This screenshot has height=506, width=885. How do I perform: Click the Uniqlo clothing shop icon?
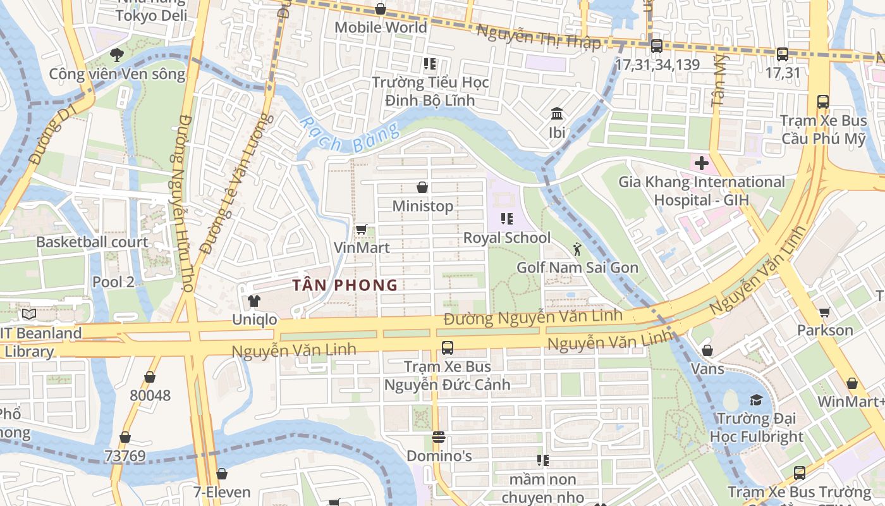[253, 300]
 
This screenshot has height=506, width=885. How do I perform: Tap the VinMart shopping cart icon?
[361, 229]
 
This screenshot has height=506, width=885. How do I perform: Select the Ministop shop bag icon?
[422, 187]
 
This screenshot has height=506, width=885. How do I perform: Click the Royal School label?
[507, 238]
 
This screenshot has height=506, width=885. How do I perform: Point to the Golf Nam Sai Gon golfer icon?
[577, 249]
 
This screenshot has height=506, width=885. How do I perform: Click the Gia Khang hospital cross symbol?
[701, 163]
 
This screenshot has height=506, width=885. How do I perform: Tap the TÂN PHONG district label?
[345, 285]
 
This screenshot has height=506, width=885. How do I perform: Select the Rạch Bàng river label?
[350, 135]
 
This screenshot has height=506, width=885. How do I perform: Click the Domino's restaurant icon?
[439, 437]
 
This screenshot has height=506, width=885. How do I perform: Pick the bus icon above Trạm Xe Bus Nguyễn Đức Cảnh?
[447, 347]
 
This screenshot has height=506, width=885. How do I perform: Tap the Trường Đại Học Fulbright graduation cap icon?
[756, 400]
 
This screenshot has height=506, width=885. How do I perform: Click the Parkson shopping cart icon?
[824, 312]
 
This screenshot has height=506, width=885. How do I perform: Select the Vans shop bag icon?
[707, 350]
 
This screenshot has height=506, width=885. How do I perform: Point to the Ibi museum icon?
[557, 114]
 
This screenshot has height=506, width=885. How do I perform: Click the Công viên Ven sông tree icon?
[116, 55]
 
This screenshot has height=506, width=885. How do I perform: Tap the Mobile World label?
[381, 27]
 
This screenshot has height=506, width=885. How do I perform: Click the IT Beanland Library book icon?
[28, 314]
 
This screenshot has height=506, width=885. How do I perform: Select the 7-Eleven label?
[222, 492]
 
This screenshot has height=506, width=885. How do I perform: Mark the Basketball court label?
[92, 242]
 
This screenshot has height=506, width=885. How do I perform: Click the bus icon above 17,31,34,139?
[657, 46]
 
